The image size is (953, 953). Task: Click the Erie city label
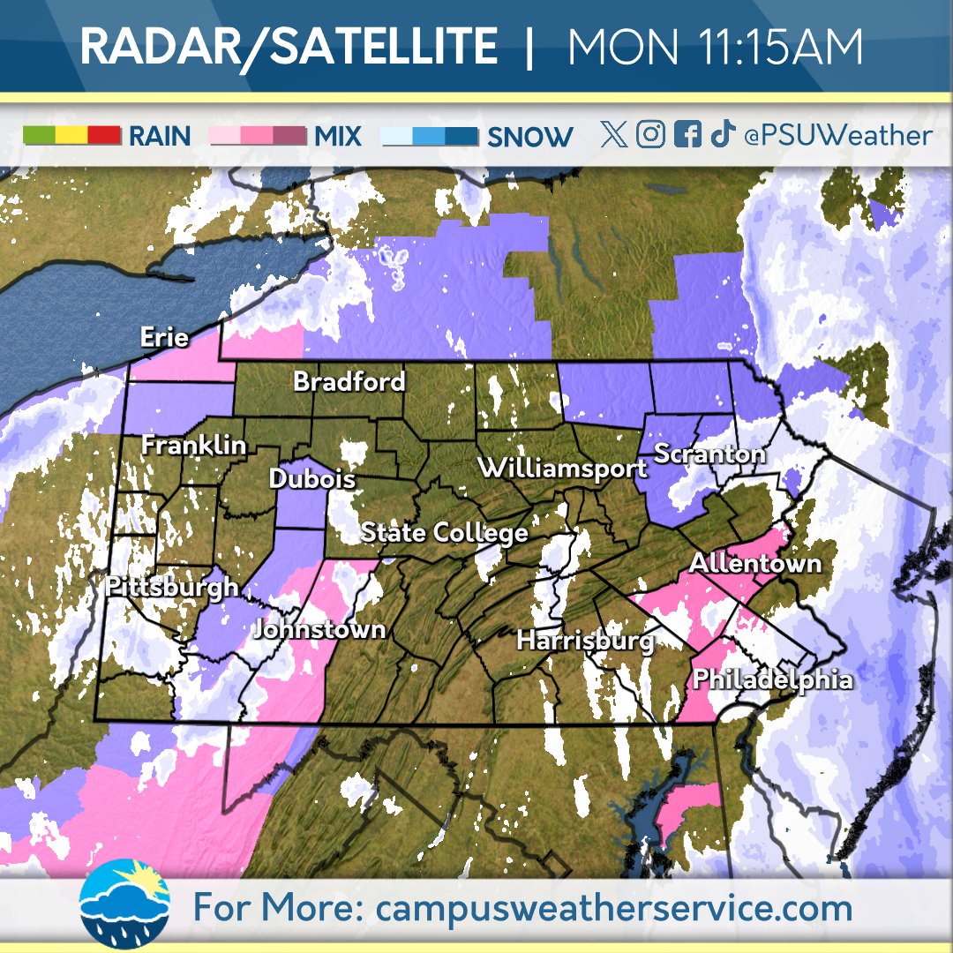pyautogui.click(x=165, y=337)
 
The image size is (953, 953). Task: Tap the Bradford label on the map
pyautogui.click(x=349, y=381)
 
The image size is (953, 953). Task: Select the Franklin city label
pyautogui.click(x=194, y=446)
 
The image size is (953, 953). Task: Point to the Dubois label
pyautogui.click(x=312, y=479)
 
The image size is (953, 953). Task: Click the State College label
pyautogui.click(x=445, y=533)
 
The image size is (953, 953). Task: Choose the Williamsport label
pyautogui.click(x=563, y=469)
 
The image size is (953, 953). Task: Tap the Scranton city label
pyautogui.click(x=709, y=454)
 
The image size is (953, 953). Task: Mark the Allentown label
pyautogui.click(x=755, y=563)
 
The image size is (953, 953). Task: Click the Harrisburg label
pyautogui.click(x=585, y=640)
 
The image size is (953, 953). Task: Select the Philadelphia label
pyautogui.click(x=773, y=679)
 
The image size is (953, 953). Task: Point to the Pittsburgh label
pyautogui.click(x=171, y=586)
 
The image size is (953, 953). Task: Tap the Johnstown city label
pyautogui.click(x=319, y=629)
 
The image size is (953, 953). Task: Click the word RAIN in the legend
pyautogui.click(x=160, y=137)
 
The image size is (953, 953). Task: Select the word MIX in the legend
pyautogui.click(x=337, y=137)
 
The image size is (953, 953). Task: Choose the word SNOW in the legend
pyautogui.click(x=529, y=137)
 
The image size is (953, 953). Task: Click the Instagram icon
pyautogui.click(x=650, y=134)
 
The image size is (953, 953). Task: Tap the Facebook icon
pyautogui.click(x=687, y=134)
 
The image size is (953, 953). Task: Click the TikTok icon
pyautogui.click(x=723, y=134)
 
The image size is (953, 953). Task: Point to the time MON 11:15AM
pyautogui.click(x=715, y=48)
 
